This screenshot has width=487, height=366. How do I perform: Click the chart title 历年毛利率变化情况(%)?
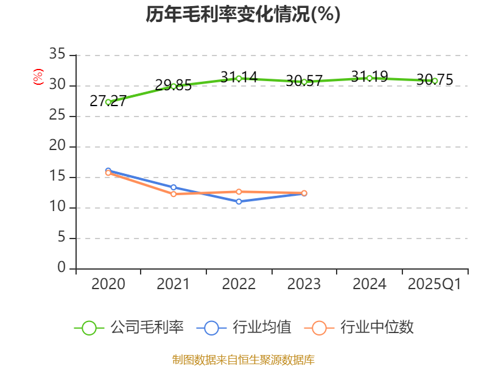[x=243, y=15]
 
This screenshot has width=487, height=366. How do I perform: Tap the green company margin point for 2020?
[x=108, y=102]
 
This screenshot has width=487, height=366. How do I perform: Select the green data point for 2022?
[x=239, y=78]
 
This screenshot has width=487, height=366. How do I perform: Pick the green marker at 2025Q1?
[x=435, y=81]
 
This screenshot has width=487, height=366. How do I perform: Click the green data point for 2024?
[x=370, y=78]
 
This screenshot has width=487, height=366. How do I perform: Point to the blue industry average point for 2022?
[x=239, y=201]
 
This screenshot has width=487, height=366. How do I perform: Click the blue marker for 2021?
[x=173, y=187]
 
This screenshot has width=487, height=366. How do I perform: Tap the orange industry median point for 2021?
[x=173, y=194]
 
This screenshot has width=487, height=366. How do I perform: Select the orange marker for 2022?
[x=239, y=192]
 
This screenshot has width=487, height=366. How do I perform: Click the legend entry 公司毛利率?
[x=129, y=328]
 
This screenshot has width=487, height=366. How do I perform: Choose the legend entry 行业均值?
[x=243, y=328]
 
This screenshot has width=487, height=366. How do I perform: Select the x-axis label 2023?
[x=304, y=284]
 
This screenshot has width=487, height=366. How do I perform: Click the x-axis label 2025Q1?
[x=434, y=284]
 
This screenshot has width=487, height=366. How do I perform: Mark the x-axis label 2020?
[x=108, y=284]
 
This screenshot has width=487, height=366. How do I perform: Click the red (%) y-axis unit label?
[x=38, y=77]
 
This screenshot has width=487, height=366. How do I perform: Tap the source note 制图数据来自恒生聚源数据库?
[x=243, y=359]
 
